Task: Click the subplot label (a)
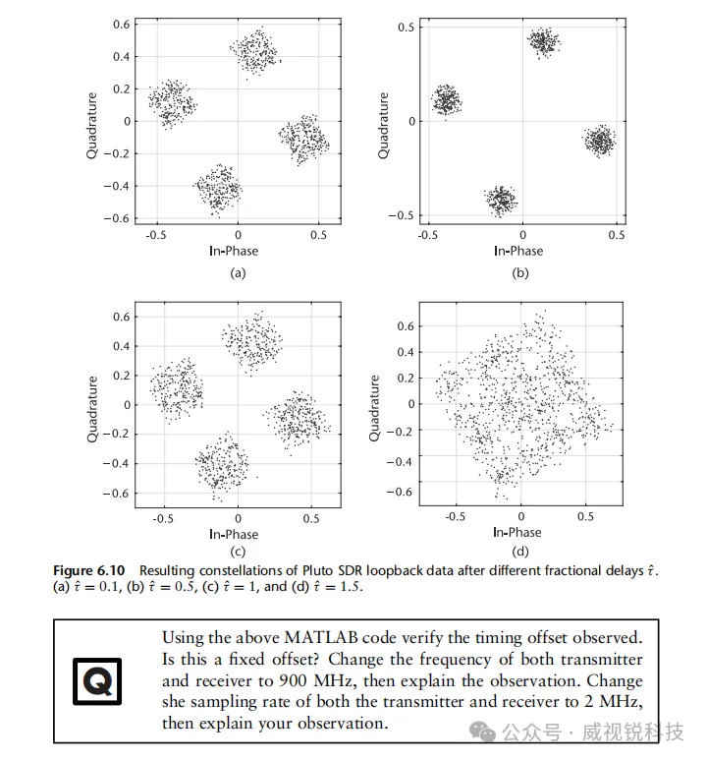(238, 273)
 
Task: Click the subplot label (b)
(520, 273)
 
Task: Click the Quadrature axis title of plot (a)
(92, 126)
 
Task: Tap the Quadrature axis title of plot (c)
(92, 407)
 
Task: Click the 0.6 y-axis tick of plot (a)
(121, 24)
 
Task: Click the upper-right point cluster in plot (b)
(543, 41)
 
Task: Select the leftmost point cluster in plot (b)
(448, 99)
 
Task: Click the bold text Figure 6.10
(93, 570)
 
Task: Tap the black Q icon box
(97, 680)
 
